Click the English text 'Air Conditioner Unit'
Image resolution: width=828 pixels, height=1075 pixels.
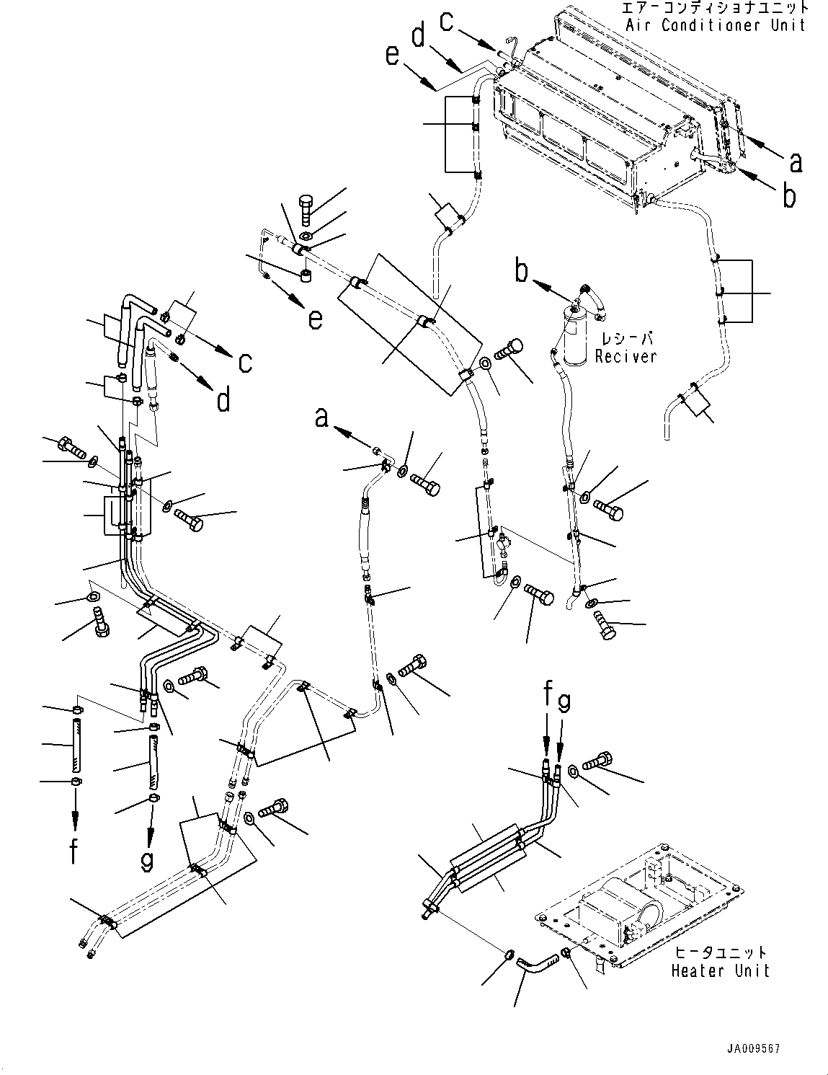coord(715,25)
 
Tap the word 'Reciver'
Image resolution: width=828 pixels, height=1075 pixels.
coord(626,356)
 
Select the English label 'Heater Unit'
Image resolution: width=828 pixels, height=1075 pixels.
coord(720,970)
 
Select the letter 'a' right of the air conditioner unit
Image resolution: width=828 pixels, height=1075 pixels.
coord(795,162)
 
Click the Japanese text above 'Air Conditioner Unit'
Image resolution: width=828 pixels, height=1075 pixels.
coord(716,9)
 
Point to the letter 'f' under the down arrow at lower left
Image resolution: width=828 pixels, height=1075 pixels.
coord(74,851)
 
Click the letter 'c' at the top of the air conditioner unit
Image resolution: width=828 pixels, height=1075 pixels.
coord(447,22)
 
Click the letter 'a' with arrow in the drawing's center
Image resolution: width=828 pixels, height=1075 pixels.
coord(322,417)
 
